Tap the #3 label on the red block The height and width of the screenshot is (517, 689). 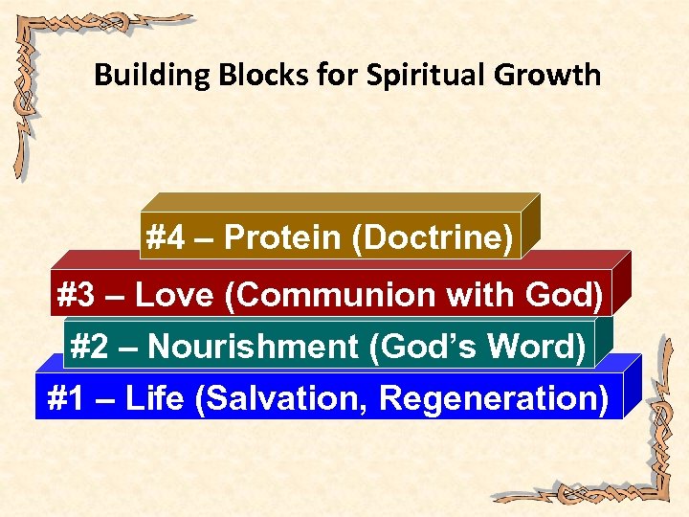pos(78,296)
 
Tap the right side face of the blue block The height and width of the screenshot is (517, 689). pos(632,388)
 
